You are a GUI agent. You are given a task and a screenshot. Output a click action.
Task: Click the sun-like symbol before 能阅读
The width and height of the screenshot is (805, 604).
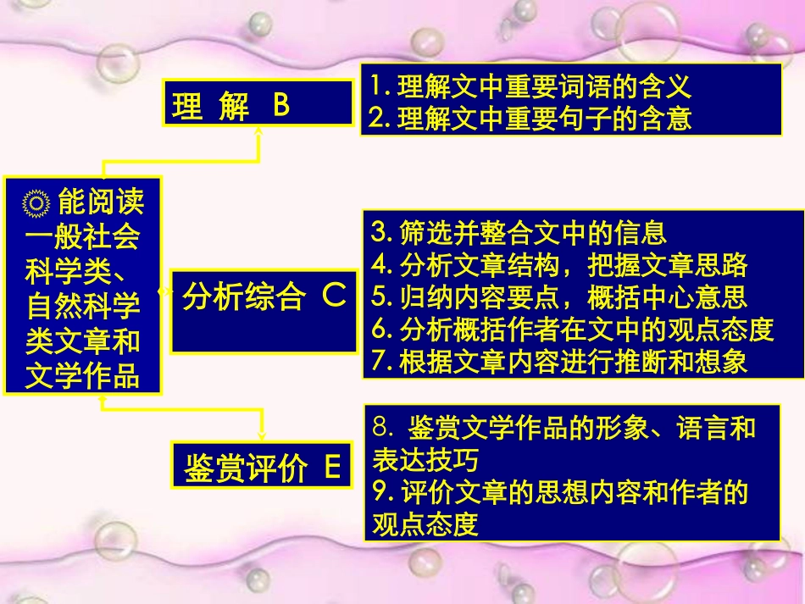37,204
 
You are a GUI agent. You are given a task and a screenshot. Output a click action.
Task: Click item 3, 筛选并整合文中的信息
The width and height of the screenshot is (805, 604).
519,231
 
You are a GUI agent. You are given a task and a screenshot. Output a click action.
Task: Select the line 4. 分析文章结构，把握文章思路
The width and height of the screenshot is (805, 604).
559,264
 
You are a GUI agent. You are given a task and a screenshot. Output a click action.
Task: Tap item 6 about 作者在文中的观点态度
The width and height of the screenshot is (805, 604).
573,330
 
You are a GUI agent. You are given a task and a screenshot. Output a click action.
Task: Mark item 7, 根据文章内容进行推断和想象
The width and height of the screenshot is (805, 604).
559,362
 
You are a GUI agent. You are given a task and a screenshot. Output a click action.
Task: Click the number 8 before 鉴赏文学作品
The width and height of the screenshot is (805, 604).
380,428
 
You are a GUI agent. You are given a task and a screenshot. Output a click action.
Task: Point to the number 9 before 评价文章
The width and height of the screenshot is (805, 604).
380,492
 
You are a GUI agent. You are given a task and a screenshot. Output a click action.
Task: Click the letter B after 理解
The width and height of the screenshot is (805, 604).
281,105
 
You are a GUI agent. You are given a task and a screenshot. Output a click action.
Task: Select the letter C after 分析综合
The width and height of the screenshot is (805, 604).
333,297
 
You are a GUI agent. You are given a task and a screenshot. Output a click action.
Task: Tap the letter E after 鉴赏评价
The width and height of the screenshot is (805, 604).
332,466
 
